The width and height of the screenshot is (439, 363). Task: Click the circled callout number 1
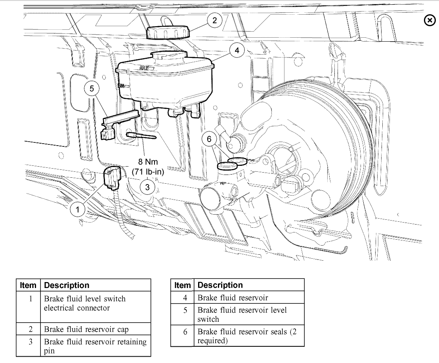[78, 208]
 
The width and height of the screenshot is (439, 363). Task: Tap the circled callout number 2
[214, 21]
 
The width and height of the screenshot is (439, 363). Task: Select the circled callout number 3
[147, 186]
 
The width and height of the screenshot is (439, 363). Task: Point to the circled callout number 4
[237, 50]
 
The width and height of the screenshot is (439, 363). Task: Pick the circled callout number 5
[92, 89]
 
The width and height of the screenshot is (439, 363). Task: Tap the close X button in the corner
[429, 21]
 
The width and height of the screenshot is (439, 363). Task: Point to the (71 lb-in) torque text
[147, 172]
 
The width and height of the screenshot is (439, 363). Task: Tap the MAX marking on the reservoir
[145, 68]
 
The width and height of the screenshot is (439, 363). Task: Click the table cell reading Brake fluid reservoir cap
[86, 329]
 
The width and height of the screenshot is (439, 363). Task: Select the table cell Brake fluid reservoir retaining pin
[95, 346]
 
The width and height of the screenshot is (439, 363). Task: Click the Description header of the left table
[67, 285]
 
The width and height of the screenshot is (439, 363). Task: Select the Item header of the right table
[182, 285]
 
